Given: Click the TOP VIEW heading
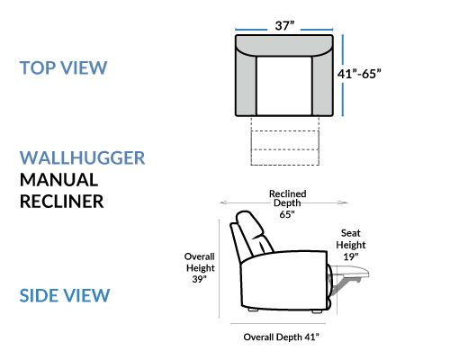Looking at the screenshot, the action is (x=63, y=67).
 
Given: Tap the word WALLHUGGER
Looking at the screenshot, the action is (x=82, y=158).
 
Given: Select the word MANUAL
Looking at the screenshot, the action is (x=58, y=180).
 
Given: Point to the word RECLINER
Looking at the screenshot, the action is (x=61, y=202).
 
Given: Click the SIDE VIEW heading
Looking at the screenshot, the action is (x=65, y=295).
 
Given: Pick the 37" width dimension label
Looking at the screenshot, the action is (x=284, y=26).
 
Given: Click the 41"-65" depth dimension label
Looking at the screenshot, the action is (x=359, y=74).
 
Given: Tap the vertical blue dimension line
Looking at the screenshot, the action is (x=343, y=76).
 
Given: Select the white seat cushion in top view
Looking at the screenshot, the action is (x=284, y=85).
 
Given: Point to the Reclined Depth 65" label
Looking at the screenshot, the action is (x=287, y=204).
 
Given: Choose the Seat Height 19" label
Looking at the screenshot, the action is (x=351, y=245).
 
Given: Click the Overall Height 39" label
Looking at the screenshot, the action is (x=200, y=268).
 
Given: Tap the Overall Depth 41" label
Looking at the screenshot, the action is (x=281, y=337).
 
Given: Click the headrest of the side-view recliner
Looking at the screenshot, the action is (x=249, y=222).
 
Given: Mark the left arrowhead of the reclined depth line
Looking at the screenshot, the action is (x=222, y=202).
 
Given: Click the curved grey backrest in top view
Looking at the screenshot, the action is (x=284, y=46).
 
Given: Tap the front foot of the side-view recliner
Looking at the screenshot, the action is (x=317, y=311).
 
